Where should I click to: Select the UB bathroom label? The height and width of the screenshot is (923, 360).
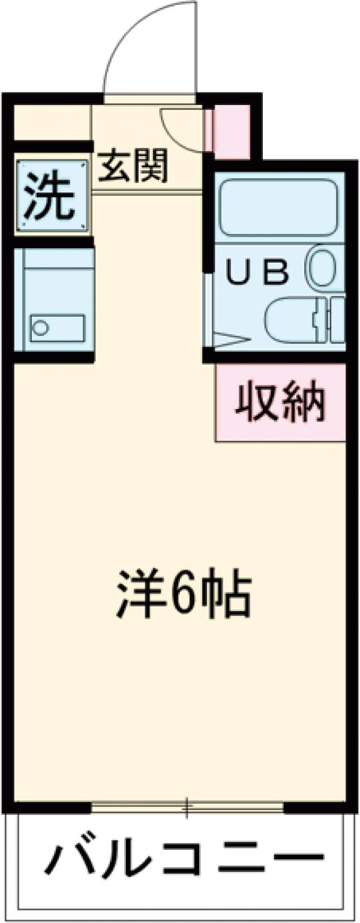[x=257, y=273]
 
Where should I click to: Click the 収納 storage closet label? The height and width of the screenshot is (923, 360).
[x=280, y=402]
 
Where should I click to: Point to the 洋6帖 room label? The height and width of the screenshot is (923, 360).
[x=182, y=593]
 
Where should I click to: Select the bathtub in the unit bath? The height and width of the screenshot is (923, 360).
[x=278, y=208]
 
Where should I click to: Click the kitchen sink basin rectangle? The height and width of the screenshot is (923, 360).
[x=57, y=327]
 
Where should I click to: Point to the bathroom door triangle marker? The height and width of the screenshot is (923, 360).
[x=228, y=339]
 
